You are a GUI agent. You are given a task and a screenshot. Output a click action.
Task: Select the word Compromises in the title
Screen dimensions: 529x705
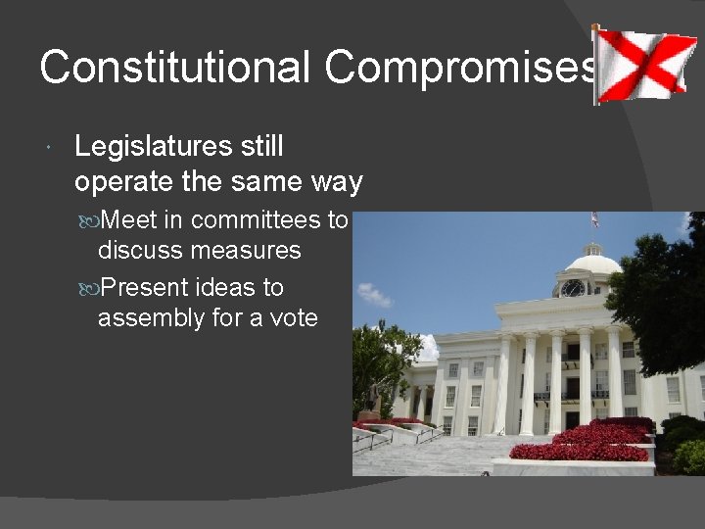point(460,68)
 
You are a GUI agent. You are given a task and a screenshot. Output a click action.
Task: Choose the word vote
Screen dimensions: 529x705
point(293,318)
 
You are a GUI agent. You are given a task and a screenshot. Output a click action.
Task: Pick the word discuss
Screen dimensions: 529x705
point(139,251)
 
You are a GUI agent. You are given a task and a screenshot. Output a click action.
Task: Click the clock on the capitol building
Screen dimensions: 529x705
point(573,288)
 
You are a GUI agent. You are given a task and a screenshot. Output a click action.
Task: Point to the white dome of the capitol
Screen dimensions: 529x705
point(593,263)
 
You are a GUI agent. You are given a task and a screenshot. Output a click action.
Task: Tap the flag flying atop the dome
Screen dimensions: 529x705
point(594,220)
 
